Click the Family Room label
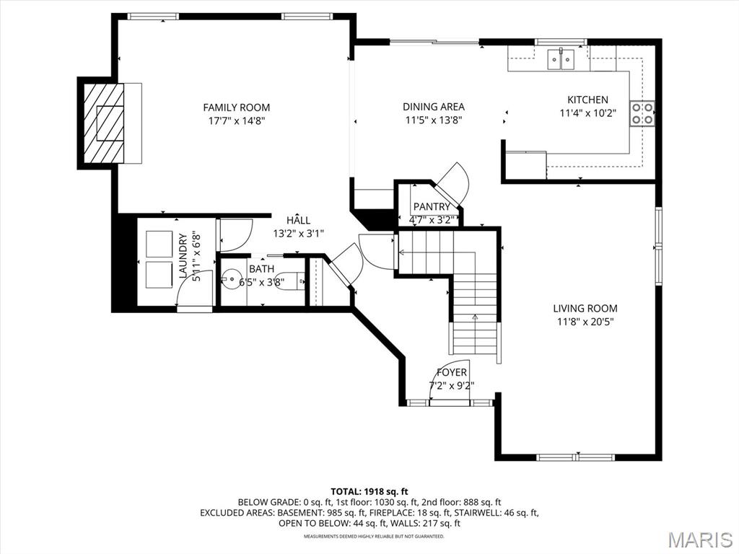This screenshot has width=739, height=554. coord(236,107)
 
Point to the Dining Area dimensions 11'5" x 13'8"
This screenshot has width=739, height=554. coord(433,120)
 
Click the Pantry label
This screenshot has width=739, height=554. coord(432,207)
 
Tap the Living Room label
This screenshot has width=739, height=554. coord(585,308)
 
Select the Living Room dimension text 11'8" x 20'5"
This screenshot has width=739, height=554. coord(585,322)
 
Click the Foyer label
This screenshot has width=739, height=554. coord(452,372)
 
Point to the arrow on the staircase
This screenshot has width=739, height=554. coord(475,317)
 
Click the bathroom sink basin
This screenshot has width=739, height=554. coord(231,279)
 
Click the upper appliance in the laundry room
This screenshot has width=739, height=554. coord(159,243)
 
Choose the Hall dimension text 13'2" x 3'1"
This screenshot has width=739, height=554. coord(298,233)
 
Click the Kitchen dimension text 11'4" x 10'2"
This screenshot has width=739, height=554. coord(587,113)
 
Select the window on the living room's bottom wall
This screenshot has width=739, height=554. coord(575,457)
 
